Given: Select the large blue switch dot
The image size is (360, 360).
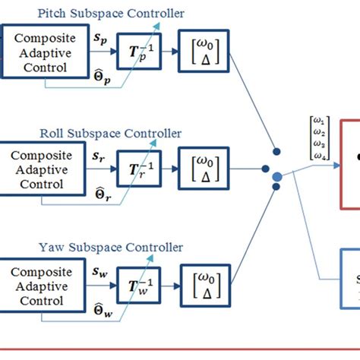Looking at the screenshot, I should (x=277, y=177).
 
